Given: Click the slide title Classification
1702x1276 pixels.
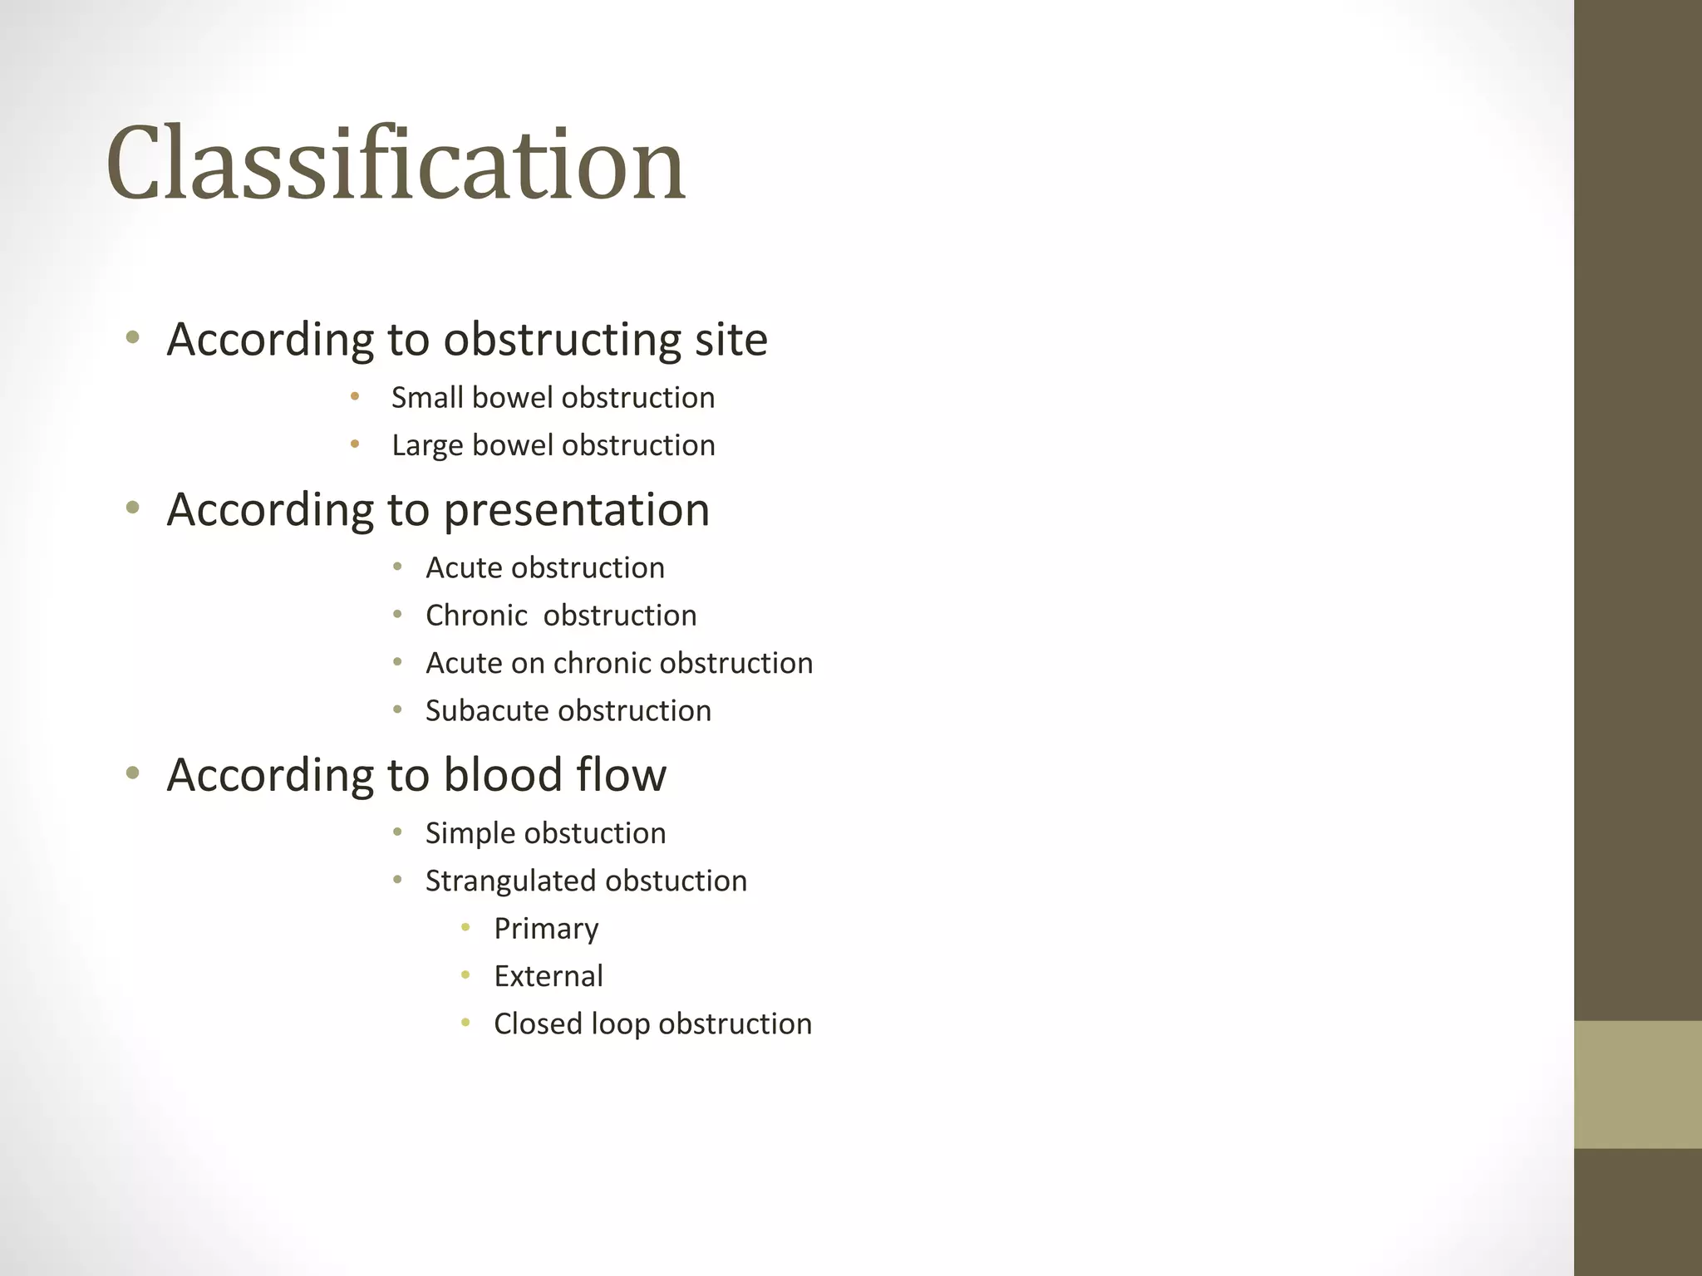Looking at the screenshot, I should [396, 163].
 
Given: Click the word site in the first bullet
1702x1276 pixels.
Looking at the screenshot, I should [730, 340].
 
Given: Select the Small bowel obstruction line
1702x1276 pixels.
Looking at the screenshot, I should [553, 398].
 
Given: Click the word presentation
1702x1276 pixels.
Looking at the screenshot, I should [576, 510].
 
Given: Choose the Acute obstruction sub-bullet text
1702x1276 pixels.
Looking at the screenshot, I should [544, 568].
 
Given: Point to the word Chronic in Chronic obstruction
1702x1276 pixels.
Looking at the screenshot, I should [476, 616].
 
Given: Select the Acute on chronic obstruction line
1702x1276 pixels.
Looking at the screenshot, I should [618, 663].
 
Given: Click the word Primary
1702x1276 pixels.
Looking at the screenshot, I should [546, 929].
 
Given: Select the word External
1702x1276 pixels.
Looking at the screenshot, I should [548, 976].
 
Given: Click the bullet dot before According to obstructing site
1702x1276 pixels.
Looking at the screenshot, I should [132, 337].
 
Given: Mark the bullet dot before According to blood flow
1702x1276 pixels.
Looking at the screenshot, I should [132, 773].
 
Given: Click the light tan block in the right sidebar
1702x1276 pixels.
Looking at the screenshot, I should [1637, 1084].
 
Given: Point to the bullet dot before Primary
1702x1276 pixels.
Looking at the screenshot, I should [466, 927].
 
